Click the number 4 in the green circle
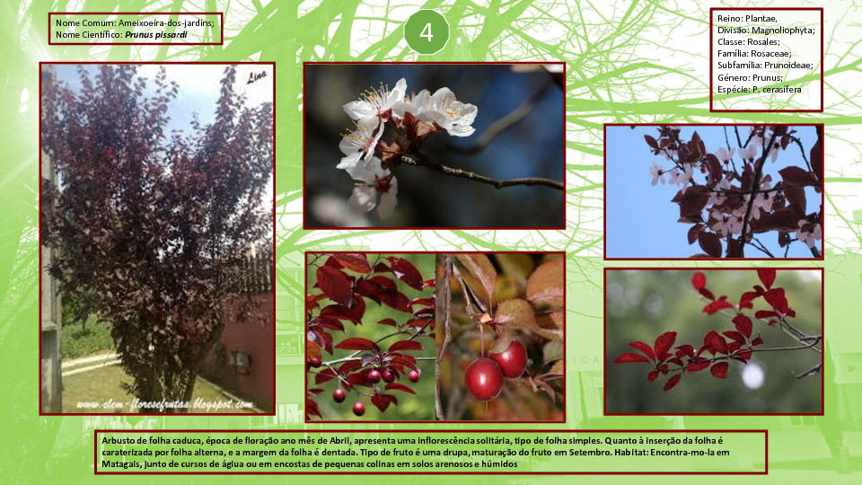427,32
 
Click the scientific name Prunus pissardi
155,35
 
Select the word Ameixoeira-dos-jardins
165,23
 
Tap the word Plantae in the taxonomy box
761,19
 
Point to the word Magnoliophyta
783,31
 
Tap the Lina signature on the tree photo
257,76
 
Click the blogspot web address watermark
165,405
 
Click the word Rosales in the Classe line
763,42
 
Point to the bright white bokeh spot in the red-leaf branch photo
752,376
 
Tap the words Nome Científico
89,35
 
